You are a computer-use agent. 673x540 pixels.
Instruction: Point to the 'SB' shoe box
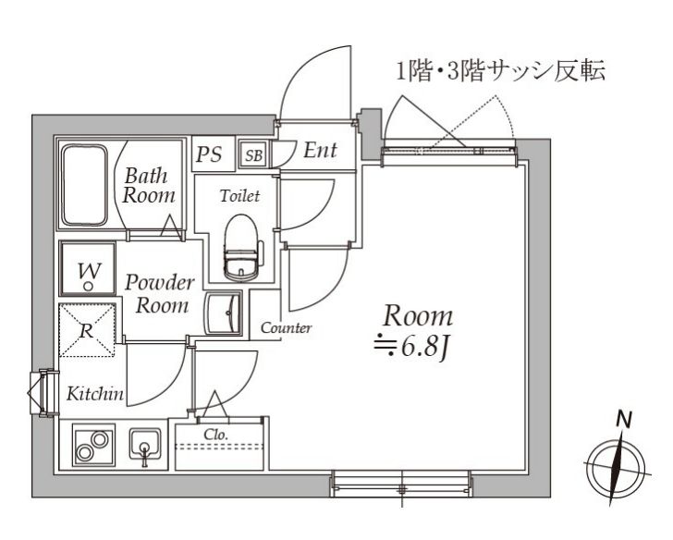252,154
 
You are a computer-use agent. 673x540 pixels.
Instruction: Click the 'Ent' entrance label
320,151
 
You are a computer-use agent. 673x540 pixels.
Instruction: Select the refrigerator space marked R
88,329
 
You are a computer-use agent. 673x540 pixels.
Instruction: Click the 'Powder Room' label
158,293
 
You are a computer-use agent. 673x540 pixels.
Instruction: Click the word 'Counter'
286,328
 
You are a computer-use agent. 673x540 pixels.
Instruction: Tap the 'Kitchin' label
95,395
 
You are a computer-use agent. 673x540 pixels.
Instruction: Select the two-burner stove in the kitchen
91,448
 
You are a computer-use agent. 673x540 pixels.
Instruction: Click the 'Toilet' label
239,196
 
